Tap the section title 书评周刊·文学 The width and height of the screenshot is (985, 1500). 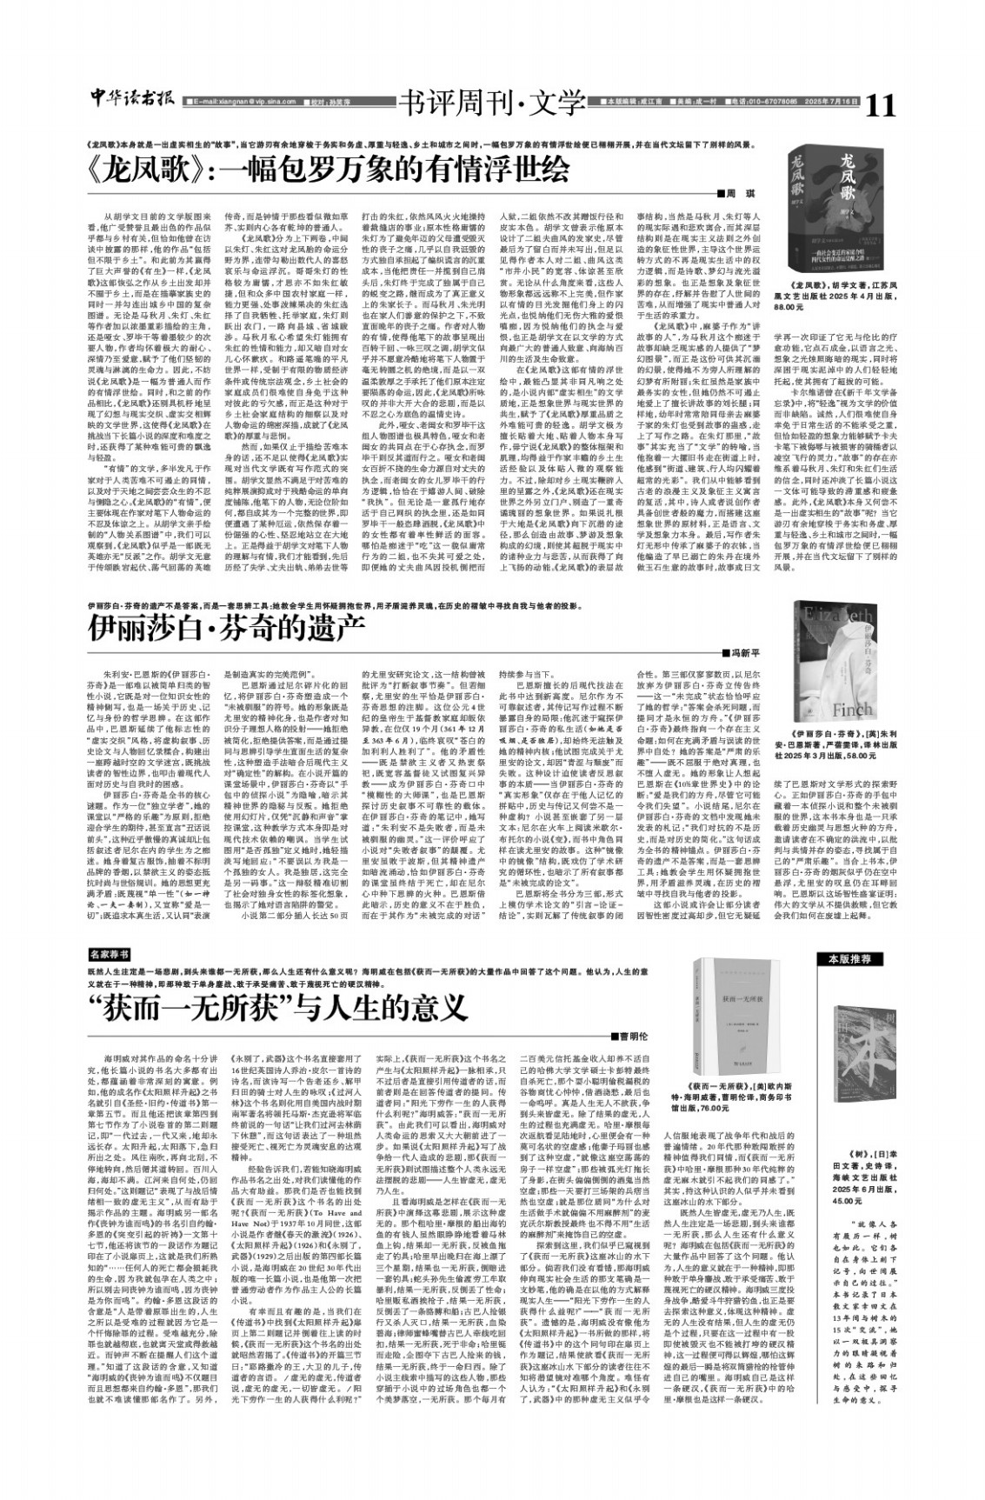pyautogui.click(x=489, y=104)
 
